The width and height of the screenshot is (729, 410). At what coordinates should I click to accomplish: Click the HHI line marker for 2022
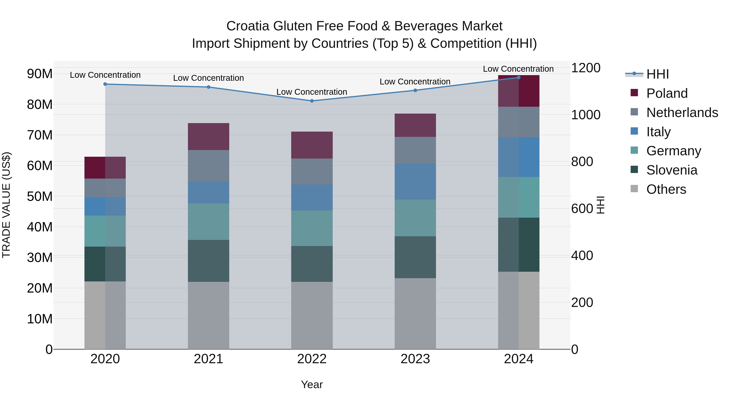pos(312,101)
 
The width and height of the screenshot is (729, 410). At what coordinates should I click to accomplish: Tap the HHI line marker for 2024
pos(519,77)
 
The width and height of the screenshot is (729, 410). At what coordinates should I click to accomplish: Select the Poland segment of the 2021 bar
pos(209,136)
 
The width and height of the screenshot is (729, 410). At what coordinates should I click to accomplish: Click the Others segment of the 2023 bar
pos(415,313)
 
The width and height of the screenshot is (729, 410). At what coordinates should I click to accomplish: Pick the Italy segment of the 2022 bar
pos(312,197)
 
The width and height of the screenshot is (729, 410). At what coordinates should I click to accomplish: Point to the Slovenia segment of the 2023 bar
pos(415,257)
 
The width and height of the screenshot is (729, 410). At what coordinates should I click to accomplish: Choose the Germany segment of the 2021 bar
pos(209,222)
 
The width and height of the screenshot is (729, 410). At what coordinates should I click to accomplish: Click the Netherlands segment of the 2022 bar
pos(312,171)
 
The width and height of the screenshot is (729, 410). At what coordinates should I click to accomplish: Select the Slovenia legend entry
pos(671,170)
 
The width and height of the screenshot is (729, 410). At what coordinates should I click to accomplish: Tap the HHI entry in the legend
pos(657,74)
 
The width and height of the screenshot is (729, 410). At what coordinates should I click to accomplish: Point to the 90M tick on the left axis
pos(40,74)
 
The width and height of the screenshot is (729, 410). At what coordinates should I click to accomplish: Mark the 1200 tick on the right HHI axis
pos(585,68)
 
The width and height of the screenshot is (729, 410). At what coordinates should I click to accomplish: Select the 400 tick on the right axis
pos(582,256)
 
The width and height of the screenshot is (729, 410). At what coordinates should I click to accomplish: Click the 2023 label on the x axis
pos(415,359)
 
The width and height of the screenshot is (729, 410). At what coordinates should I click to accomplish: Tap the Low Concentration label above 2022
pos(312,92)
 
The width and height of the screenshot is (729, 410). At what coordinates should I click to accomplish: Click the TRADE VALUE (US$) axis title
pos(6,205)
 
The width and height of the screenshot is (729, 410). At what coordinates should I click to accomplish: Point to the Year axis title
pos(312,384)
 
